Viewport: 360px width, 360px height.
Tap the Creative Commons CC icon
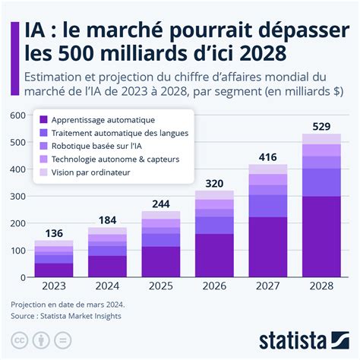pyautogui.click(x=18, y=339)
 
